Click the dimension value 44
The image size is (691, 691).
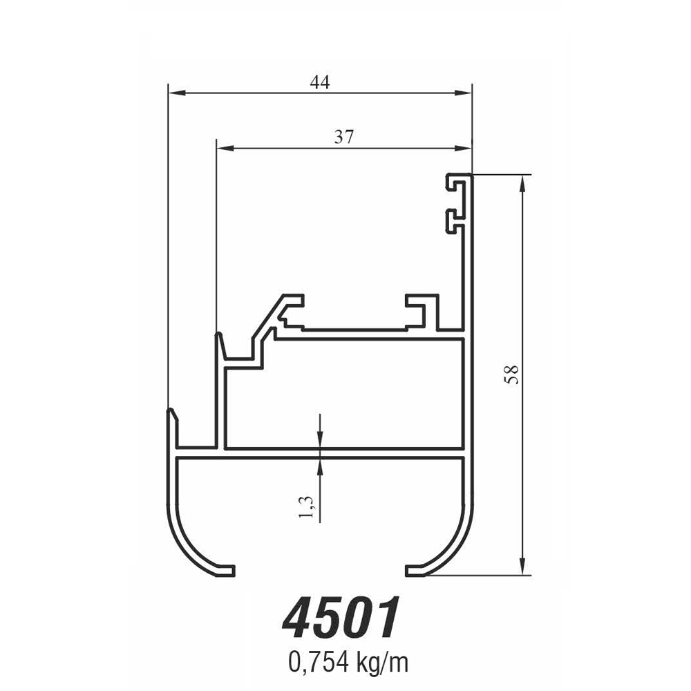320,82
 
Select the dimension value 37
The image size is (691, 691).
343,137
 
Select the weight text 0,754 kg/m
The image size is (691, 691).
348,663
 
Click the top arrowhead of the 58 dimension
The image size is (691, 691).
524,182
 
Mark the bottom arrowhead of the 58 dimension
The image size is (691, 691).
524,567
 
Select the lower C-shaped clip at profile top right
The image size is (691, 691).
456,220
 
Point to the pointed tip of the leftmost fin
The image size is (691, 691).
170,413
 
